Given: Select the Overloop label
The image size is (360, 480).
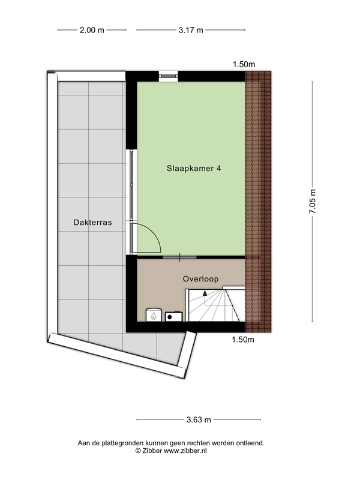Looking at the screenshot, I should [200, 279].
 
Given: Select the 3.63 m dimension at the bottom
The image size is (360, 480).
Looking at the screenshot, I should [198, 419].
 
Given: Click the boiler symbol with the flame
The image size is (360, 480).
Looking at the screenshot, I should [153, 314].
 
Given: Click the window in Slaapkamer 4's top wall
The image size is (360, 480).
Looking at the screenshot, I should [169, 76].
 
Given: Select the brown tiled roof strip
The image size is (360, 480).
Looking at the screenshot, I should [259, 201].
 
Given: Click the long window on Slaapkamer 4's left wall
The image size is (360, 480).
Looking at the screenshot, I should [131, 201].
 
